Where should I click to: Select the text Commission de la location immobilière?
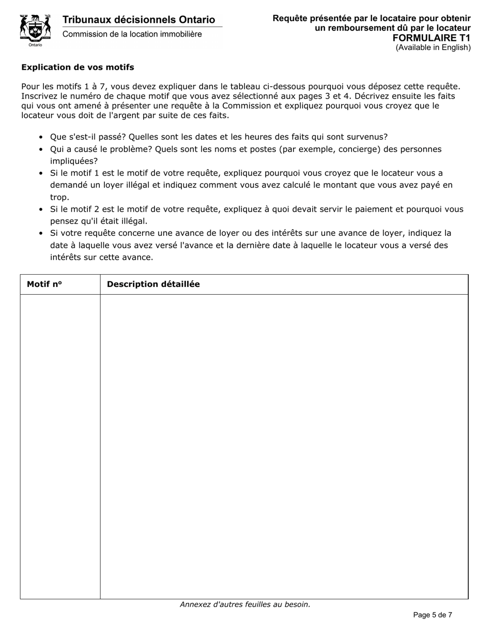coord(132,35)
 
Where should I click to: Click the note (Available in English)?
coord(433,47)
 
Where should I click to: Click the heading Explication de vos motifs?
coord(78,67)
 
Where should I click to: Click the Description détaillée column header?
coord(153,284)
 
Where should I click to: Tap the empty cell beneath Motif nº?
coord(60,447)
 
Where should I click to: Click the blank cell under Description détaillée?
coord(284,447)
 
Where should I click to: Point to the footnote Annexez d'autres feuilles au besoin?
coord(245,605)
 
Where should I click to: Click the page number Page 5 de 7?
coord(433,615)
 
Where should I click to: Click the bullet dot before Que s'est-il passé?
coord(41,137)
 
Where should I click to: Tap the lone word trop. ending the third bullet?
coord(59,197)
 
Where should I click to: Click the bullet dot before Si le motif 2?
coord(41,210)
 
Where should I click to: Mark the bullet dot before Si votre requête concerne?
coord(41,233)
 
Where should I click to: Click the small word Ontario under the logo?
coord(35,45)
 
